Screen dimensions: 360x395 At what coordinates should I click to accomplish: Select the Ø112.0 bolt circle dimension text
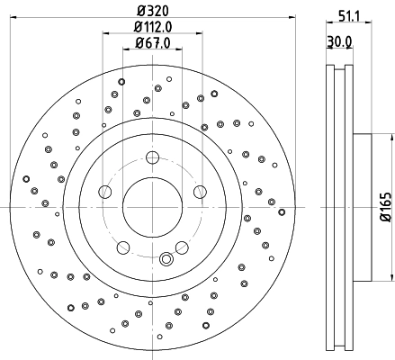tap(152, 27)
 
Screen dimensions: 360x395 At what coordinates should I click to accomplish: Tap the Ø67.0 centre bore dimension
tap(152, 42)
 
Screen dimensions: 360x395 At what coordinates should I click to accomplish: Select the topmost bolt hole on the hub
tap(151, 158)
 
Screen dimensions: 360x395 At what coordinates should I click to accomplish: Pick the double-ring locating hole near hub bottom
tap(166, 260)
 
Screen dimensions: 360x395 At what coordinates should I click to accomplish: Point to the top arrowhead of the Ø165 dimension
tap(391, 137)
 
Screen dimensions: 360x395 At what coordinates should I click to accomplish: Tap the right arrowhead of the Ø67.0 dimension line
tap(178, 50)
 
